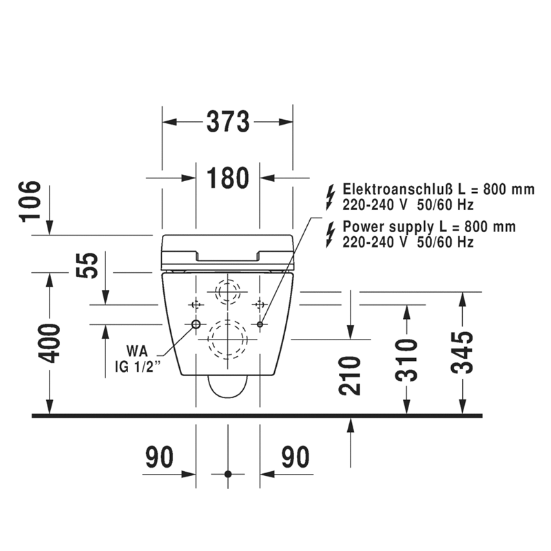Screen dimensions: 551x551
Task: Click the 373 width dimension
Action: [x=227, y=123]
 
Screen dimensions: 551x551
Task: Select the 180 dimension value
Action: [x=227, y=178]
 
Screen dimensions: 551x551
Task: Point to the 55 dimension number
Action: [x=87, y=265]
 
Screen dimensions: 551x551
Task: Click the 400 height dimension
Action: [x=50, y=343]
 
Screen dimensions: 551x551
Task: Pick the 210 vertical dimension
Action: [x=351, y=375]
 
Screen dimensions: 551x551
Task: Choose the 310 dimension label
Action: [x=406, y=360]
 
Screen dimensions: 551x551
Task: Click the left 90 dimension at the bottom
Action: [x=159, y=457]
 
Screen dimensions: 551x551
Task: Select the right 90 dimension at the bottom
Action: [x=295, y=457]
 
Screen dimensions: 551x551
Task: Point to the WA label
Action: [x=137, y=350]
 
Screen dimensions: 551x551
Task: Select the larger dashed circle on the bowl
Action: [x=227, y=338]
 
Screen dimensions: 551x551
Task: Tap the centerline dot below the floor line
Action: [x=228, y=474]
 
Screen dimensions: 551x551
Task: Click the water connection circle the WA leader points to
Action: [x=196, y=324]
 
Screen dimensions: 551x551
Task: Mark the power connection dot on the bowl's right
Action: [x=260, y=324]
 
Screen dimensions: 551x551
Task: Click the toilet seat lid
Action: [x=227, y=251]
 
